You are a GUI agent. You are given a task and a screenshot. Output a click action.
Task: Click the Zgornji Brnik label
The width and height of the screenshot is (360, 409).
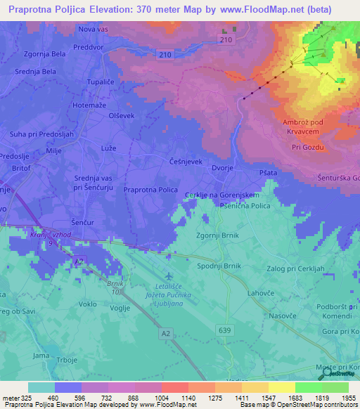pos(217,235)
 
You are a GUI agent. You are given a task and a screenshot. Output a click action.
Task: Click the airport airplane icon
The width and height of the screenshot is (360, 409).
pos(169,275)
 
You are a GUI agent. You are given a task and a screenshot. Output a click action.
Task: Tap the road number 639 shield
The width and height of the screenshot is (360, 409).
pos(224,328)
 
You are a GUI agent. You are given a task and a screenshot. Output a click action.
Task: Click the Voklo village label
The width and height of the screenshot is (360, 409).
pos(88,304)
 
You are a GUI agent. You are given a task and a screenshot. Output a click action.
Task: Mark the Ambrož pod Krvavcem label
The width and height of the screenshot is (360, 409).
pos(307,127)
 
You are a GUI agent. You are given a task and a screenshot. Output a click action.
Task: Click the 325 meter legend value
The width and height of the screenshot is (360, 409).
pos(25,398)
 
